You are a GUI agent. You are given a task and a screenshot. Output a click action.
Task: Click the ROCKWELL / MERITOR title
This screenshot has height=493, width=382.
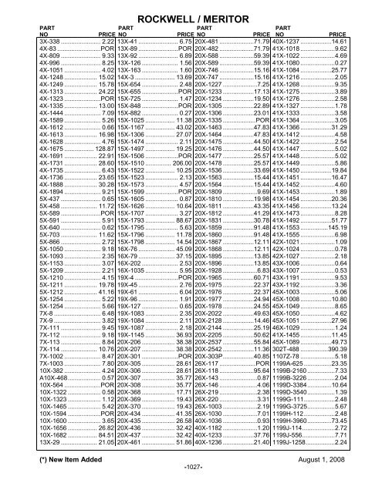191,11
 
